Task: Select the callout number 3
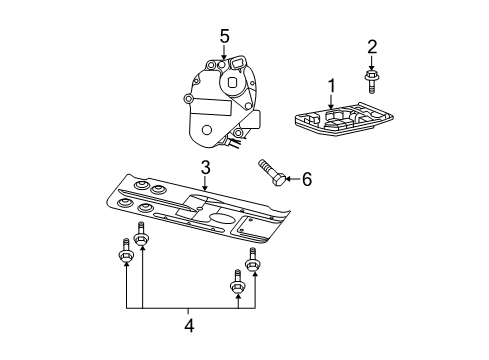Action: click(204, 167)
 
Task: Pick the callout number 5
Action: click(225, 36)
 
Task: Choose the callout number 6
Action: click(307, 179)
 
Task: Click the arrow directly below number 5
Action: click(225, 55)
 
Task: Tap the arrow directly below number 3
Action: click(204, 183)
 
